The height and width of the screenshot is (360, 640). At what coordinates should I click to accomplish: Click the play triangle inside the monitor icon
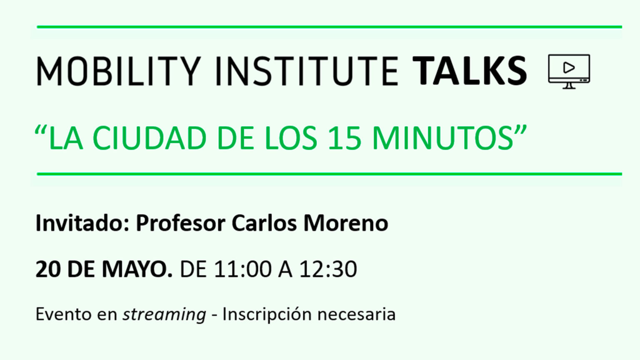click(569, 68)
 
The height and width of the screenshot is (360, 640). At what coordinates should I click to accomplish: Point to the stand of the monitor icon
click(569, 86)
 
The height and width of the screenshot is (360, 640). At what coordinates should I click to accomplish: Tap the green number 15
click(345, 138)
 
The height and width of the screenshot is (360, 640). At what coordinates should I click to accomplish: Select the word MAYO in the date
click(137, 269)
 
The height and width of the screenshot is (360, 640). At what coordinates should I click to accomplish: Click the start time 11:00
click(243, 269)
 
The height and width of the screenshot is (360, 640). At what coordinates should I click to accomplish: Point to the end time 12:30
click(328, 269)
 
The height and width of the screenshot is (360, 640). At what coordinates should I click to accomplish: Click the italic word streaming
click(165, 315)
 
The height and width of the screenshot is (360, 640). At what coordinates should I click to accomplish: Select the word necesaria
click(356, 314)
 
